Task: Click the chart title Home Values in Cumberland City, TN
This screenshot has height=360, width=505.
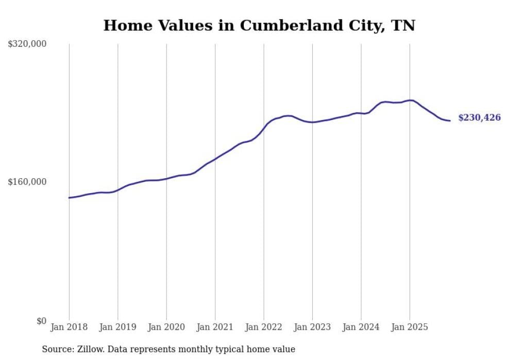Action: pos(259,25)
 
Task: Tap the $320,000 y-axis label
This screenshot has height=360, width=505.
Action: pos(27,44)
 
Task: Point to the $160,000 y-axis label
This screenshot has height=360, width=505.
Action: pos(27,182)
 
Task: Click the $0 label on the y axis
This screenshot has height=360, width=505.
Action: pos(41,321)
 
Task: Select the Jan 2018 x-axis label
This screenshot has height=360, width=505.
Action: pos(69,327)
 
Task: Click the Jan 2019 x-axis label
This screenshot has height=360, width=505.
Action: pos(117,327)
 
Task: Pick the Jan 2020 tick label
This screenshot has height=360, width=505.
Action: pos(166,327)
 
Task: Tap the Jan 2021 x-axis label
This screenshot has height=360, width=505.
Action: pos(215,327)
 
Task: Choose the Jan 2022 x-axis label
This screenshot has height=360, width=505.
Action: pos(264,327)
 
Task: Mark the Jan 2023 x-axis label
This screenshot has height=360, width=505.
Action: pos(312,327)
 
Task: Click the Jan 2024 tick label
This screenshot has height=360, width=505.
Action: pos(361,327)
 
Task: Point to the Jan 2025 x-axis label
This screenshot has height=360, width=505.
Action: pos(410,327)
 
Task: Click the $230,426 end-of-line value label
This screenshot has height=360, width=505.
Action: pos(479,118)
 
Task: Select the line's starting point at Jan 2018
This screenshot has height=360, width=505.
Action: pos(69,198)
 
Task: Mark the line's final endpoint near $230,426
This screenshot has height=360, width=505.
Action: pos(450,121)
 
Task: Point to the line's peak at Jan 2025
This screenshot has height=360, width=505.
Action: pos(410,100)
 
